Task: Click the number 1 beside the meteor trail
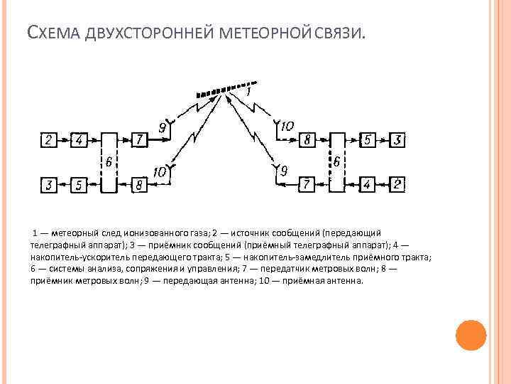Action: (x=248, y=92)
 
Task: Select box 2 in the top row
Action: (x=48, y=140)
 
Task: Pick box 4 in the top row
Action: (x=79, y=140)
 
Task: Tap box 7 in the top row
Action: (x=139, y=140)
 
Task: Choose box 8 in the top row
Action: (x=307, y=140)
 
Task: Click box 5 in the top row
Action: (x=367, y=140)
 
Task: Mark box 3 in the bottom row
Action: (x=48, y=186)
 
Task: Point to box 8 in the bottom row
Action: (x=139, y=186)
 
